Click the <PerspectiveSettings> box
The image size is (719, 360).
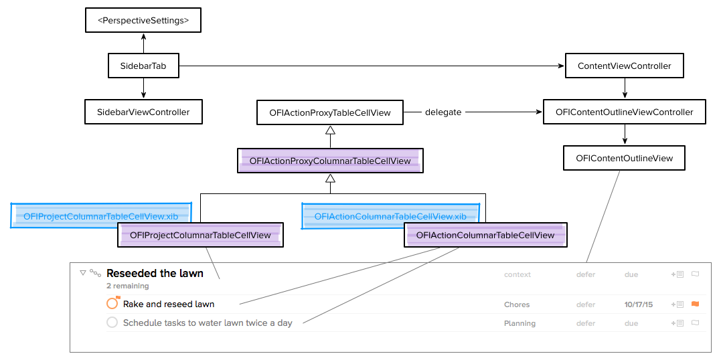(143, 21)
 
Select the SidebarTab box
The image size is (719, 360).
(143, 66)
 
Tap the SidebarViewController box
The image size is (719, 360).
(143, 112)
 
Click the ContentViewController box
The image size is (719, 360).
(624, 66)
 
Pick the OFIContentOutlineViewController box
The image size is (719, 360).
(624, 112)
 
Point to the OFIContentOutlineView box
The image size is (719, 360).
(624, 158)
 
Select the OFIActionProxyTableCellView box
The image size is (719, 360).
(330, 112)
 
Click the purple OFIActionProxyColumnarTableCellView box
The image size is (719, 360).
(330, 161)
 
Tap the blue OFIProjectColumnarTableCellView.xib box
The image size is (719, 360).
(100, 216)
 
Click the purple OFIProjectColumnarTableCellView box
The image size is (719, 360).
(200, 235)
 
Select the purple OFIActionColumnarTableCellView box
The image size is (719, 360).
(485, 235)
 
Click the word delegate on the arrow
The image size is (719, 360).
(443, 112)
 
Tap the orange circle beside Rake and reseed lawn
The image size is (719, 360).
(112, 304)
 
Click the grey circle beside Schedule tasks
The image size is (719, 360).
(112, 323)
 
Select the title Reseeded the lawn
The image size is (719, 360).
(155, 273)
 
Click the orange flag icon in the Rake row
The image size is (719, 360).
(695, 304)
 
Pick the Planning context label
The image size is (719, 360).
(520, 323)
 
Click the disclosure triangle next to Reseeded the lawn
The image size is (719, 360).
(83, 273)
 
